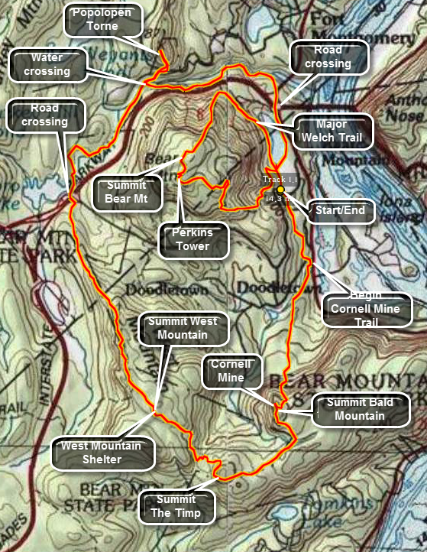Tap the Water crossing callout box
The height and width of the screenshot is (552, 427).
[46, 64]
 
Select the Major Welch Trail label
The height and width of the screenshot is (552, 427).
[332, 132]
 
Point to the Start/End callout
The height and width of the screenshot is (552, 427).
[340, 210]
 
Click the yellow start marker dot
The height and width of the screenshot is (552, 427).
[280, 189]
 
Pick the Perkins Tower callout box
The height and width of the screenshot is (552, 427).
[194, 239]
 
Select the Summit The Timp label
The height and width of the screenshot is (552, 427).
[176, 505]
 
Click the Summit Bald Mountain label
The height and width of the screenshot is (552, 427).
[361, 409]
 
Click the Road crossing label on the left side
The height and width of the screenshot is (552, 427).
[44, 115]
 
